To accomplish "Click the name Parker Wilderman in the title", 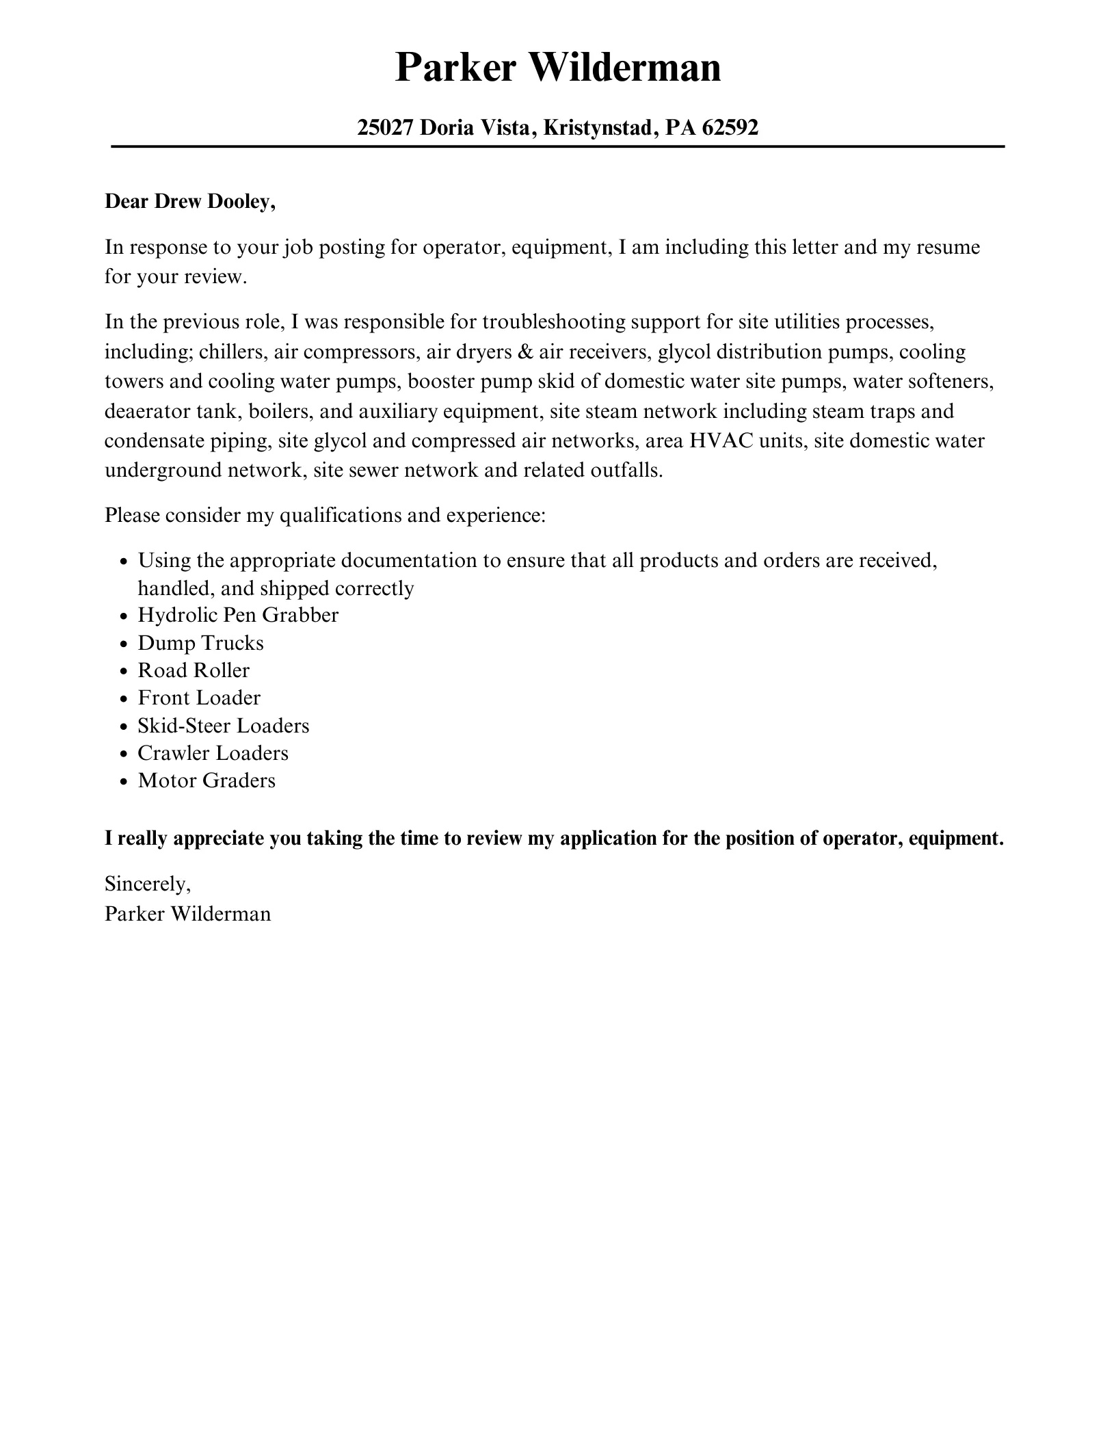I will point(557,68).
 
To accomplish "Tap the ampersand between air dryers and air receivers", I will point(527,352).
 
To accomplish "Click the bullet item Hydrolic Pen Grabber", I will point(238,615).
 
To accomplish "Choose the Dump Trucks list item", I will point(200,643).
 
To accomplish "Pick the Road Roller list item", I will point(194,670).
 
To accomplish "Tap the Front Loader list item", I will point(199,698).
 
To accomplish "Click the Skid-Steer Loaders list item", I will point(224,726).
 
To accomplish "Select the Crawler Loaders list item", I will point(213,753).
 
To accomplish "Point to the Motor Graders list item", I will point(207,780).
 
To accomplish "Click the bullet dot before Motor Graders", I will point(123,782).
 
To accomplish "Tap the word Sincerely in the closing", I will point(147,884).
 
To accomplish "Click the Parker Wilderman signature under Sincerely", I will point(187,914).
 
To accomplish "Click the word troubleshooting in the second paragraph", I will point(554,321).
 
